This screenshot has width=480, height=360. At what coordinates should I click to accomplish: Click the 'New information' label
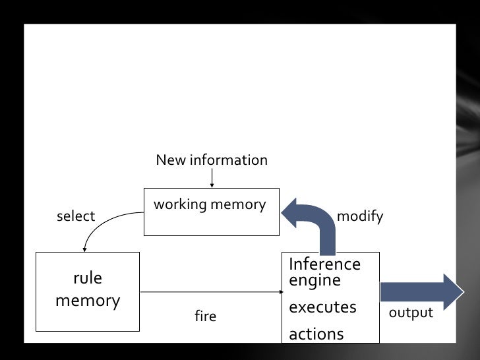(x=212, y=160)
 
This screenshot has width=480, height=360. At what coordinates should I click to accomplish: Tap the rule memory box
(x=87, y=291)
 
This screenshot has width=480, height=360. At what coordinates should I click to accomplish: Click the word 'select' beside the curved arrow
(x=76, y=216)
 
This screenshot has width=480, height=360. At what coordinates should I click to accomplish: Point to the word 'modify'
(x=359, y=216)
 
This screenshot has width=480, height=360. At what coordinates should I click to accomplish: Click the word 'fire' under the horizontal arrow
(x=205, y=316)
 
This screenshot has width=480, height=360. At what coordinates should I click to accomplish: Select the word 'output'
(x=411, y=313)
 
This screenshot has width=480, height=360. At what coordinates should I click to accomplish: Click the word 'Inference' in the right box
(x=324, y=264)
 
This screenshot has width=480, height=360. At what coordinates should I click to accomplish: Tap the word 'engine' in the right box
(x=315, y=280)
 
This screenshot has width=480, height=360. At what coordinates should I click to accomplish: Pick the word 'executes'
(x=322, y=307)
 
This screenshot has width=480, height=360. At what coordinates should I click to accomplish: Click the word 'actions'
(x=316, y=334)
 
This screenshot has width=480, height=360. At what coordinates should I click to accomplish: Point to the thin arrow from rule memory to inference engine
(x=211, y=291)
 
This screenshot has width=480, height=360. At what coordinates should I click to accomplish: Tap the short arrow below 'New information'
(x=212, y=178)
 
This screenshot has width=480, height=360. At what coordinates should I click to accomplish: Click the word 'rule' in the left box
(x=88, y=278)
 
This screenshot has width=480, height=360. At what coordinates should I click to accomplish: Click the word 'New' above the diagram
(x=171, y=160)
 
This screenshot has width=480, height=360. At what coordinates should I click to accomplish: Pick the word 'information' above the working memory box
(x=228, y=160)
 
